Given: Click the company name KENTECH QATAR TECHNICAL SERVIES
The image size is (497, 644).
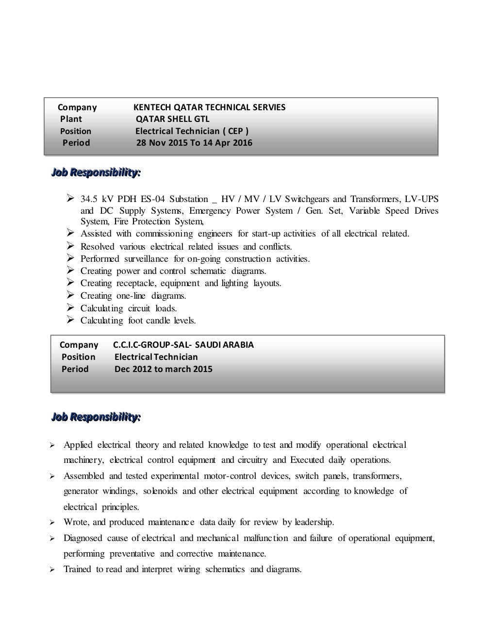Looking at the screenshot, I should (x=209, y=107).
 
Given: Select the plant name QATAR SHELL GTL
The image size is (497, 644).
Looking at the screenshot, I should (x=172, y=119).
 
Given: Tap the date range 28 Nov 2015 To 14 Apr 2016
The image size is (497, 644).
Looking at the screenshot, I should (x=194, y=143).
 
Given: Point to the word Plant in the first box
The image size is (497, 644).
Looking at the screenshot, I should (x=71, y=119).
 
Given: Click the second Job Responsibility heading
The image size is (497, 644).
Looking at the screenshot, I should (x=96, y=417).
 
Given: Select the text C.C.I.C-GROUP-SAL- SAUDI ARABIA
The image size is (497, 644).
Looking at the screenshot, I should (x=183, y=345).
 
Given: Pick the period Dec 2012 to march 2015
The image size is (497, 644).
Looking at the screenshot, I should (x=163, y=369).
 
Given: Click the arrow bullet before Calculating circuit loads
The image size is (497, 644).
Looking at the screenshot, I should (x=70, y=308).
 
